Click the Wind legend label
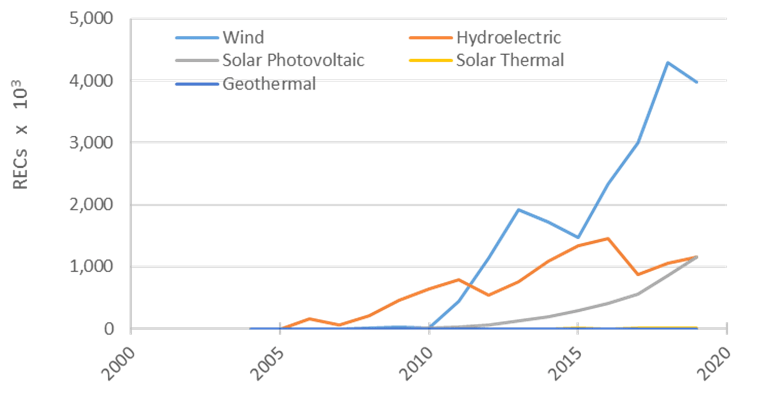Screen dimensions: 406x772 (243, 37)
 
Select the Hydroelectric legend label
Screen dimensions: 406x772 (508, 37)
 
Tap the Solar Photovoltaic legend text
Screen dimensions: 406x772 (293, 60)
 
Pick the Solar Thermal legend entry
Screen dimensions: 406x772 (510, 60)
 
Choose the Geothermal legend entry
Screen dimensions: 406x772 (269, 84)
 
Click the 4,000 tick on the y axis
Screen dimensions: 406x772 (91, 81)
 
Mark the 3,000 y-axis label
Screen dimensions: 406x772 (91, 142)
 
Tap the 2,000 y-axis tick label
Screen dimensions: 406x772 (91, 205)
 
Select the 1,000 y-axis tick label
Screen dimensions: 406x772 (91, 266)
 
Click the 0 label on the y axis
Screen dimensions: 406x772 (109, 329)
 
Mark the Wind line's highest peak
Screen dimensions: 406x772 (668, 62)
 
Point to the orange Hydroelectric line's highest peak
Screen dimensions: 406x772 (608, 239)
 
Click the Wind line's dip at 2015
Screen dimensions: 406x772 (578, 237)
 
